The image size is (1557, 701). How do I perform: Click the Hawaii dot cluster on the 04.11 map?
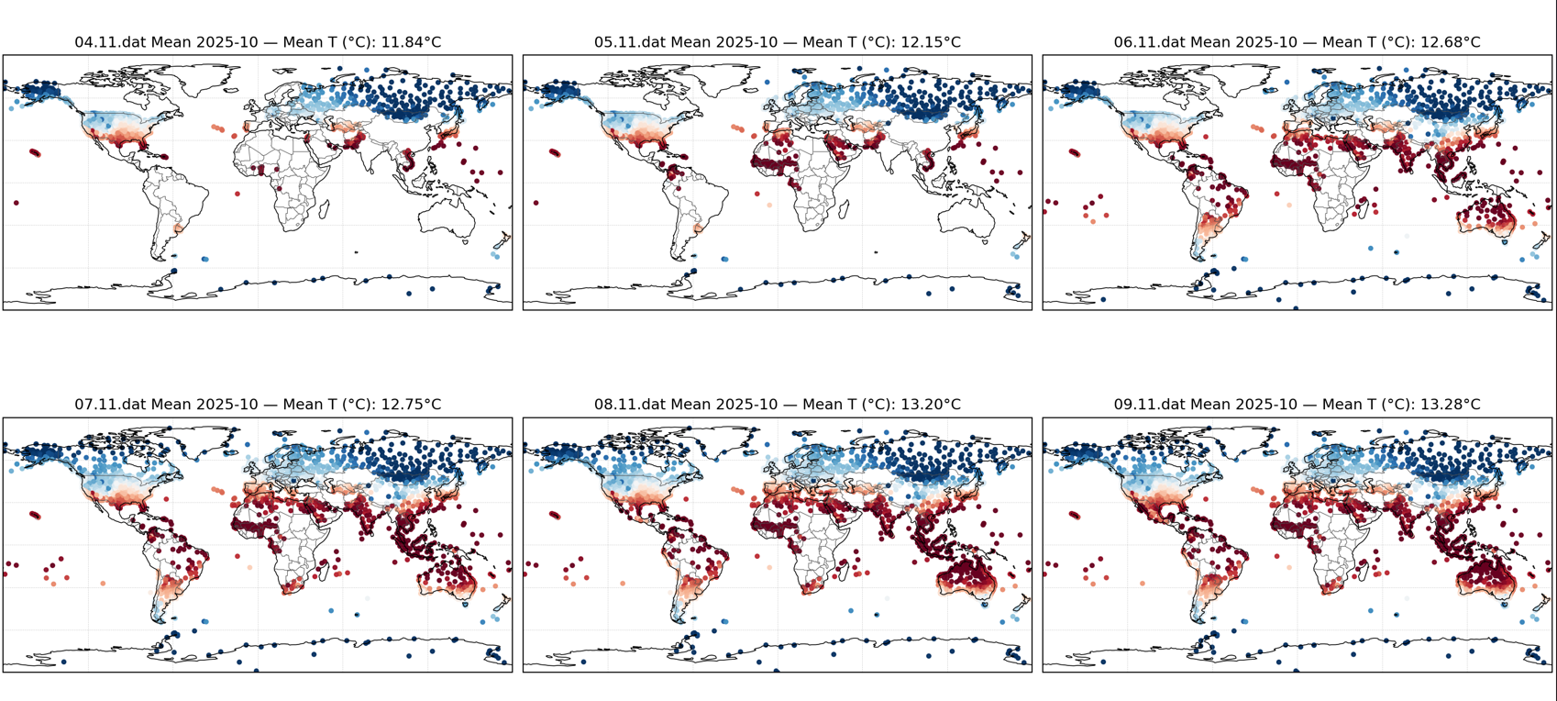pos(35,153)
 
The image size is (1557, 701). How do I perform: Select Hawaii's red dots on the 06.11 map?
pos(1075,153)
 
